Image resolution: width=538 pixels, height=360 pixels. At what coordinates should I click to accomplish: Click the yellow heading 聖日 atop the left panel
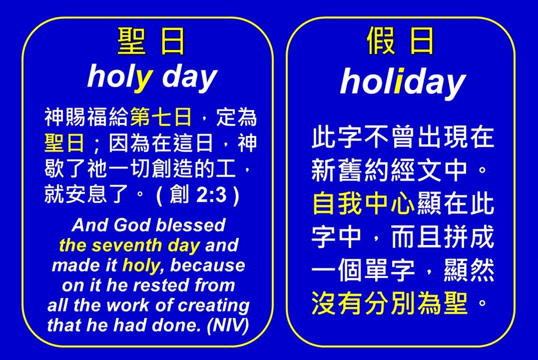(x=151, y=41)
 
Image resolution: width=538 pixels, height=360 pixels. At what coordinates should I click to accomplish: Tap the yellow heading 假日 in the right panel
(x=400, y=41)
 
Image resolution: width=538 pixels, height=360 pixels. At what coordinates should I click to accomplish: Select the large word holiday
(x=403, y=83)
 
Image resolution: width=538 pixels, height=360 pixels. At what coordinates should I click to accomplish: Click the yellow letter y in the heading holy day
(x=143, y=81)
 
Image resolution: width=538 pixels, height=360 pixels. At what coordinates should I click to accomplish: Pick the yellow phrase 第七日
(x=161, y=117)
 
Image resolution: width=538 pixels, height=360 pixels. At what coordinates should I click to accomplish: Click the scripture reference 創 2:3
(x=198, y=195)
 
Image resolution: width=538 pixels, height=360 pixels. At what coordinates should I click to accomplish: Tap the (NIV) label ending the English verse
(x=227, y=325)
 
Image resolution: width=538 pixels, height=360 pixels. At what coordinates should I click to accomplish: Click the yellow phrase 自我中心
(x=363, y=203)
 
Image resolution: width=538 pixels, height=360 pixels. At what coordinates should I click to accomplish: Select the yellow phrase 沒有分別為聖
(x=389, y=303)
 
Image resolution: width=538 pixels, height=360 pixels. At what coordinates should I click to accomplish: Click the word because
(x=208, y=265)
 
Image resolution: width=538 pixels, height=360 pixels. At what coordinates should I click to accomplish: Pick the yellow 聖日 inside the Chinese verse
(x=65, y=143)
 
